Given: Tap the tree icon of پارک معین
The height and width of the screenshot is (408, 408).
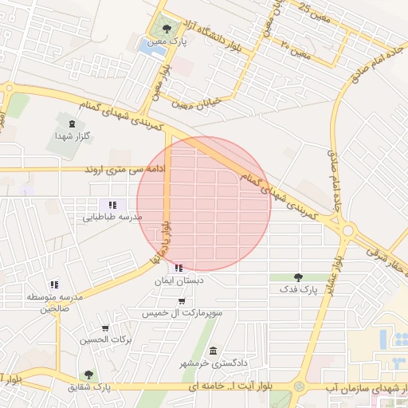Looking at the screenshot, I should [x=166, y=30].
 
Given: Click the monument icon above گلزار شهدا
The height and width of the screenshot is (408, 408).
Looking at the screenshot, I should [x=73, y=124].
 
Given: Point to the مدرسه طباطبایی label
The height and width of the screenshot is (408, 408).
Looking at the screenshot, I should [x=113, y=217].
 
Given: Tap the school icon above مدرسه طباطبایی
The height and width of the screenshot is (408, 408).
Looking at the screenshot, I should [x=113, y=205].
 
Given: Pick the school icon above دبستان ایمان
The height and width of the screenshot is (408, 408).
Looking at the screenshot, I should [x=178, y=269].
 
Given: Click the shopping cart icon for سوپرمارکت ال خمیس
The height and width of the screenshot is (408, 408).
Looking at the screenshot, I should [x=182, y=301].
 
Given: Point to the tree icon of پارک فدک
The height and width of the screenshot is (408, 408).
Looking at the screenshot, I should [x=299, y=277].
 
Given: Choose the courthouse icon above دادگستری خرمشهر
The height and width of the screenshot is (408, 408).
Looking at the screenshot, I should [x=213, y=351].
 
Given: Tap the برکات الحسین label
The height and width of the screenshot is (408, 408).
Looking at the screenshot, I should [x=104, y=340].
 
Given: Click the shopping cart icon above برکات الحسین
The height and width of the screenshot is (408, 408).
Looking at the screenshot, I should [x=105, y=328].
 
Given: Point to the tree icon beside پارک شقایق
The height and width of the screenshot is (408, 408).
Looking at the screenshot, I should [x=88, y=375].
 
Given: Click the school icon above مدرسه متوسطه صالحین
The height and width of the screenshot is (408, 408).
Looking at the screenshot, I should [x=54, y=284].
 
